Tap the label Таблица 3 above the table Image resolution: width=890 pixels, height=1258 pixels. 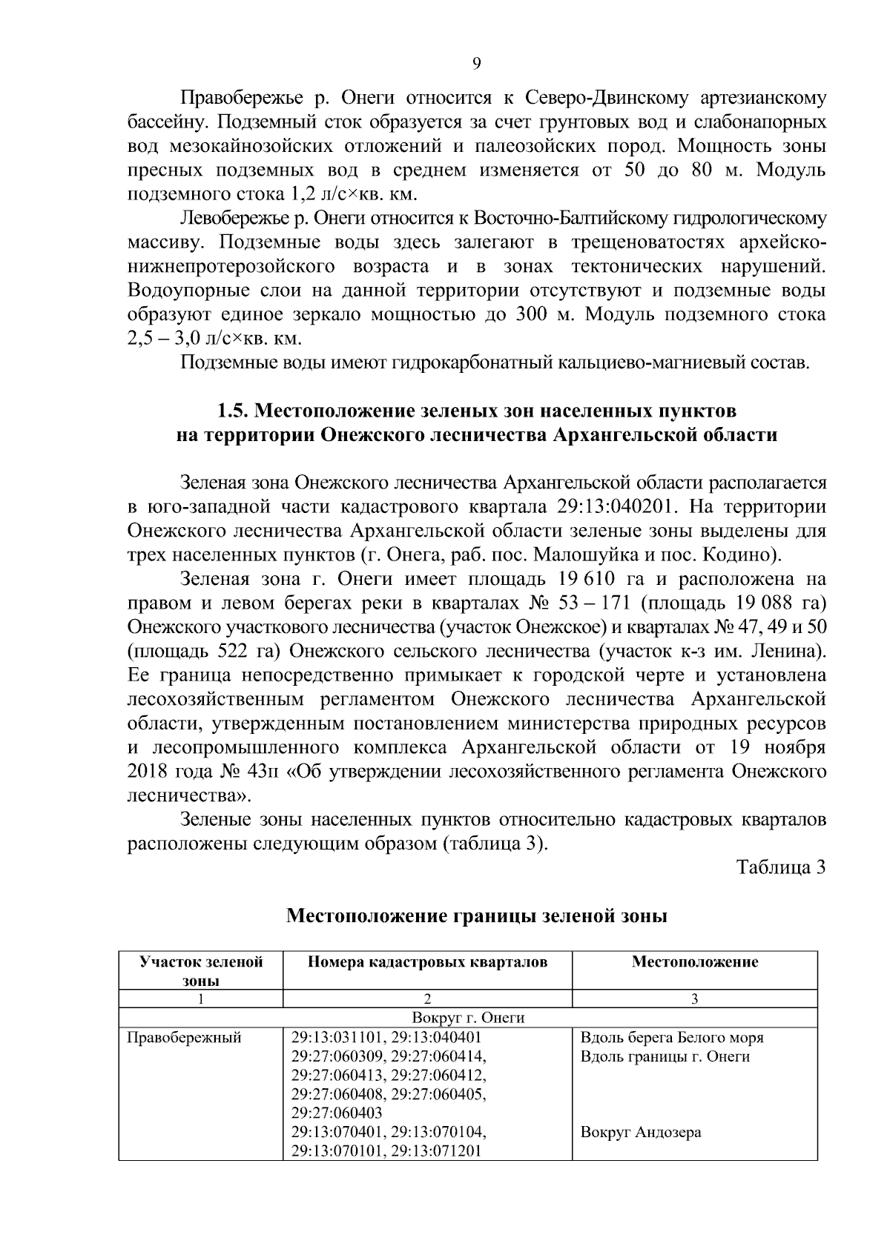click(x=781, y=867)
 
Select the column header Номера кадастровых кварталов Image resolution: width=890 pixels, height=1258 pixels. click(x=427, y=962)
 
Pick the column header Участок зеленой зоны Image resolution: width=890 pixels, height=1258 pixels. click(x=201, y=971)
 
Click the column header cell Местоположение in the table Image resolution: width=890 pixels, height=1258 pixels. click(x=695, y=962)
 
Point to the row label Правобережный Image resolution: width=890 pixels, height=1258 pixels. click(x=185, y=1038)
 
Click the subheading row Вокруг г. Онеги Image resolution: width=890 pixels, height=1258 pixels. click(x=468, y=1018)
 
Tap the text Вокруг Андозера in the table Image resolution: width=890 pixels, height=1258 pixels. click(x=641, y=1133)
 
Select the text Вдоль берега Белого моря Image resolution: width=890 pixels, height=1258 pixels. click(x=672, y=1038)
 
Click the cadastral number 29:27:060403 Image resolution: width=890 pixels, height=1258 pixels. click(x=337, y=1113)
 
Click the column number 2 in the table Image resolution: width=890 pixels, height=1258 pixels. click(x=427, y=999)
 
